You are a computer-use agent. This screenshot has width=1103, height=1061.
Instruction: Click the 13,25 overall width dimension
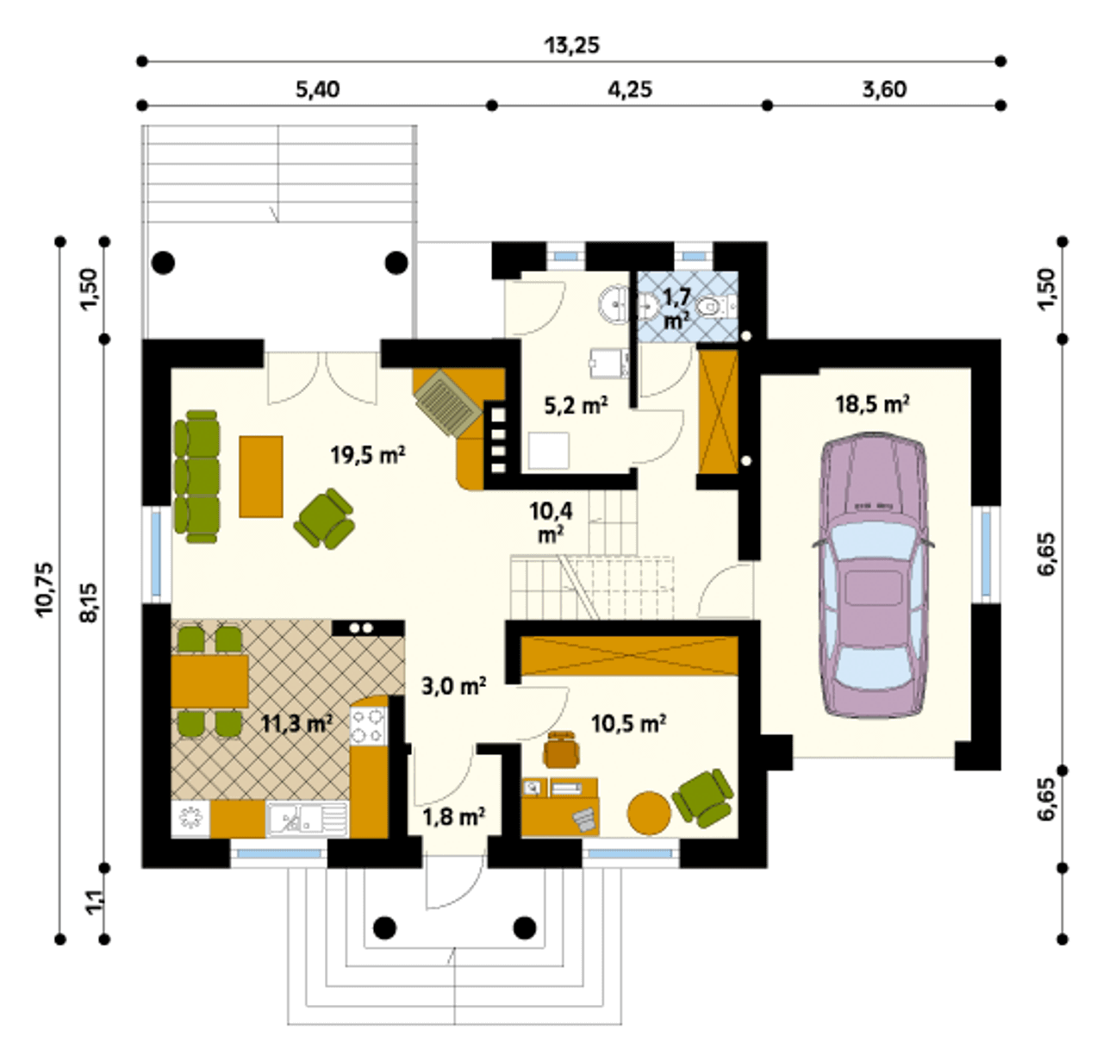572,45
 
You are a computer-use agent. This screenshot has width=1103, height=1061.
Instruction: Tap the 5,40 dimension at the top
318,90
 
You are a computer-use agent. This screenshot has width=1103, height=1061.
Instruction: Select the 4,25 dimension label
630,90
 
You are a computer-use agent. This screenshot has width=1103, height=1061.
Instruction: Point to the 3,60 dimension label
884,90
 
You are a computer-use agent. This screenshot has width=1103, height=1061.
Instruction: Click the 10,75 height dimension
45,588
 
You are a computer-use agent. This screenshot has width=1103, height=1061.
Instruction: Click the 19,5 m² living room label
368,454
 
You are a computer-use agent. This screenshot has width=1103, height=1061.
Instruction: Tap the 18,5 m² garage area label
872,404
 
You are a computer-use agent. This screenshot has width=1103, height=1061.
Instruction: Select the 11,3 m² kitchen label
296,724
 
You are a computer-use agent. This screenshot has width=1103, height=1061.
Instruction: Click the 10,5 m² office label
628,724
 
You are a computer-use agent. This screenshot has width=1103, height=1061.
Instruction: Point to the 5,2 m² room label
576,405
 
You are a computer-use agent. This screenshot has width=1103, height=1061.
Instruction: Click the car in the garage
873,576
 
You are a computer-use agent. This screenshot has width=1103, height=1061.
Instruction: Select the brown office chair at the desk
562,748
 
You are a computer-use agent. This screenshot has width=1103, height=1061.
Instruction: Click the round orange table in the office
649,813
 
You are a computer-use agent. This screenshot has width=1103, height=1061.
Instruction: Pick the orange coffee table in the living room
261,477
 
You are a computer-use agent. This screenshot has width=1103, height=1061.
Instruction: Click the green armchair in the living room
324,519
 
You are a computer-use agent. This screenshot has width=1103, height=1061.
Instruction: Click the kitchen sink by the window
308,818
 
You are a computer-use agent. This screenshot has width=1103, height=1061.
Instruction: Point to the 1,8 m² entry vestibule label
453,817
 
